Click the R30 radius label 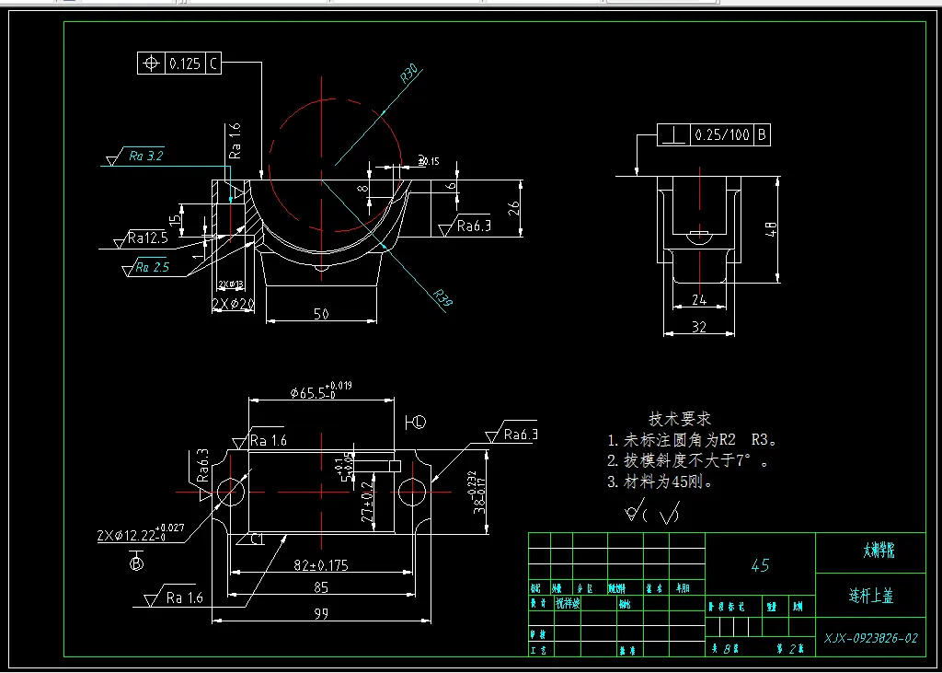pos(410,74)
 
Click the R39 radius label pos(444,299)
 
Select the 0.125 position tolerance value pos(184,64)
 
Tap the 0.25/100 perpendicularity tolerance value pos(722,135)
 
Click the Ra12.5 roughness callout pos(148,238)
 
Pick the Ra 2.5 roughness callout pos(152,268)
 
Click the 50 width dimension pos(321,314)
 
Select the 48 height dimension pos(772,226)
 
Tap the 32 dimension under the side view pos(700,327)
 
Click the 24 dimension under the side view pos(699,299)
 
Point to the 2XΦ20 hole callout pos(233,303)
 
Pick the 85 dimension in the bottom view pos(321,586)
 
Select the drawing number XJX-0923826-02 pos(870,637)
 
